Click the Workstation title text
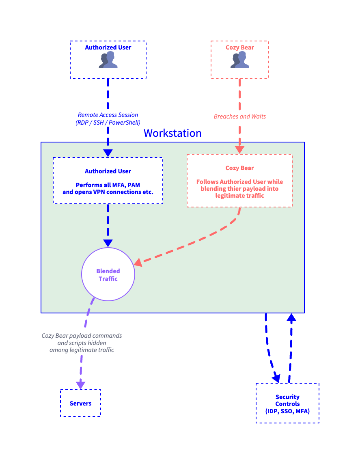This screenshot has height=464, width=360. tap(172, 133)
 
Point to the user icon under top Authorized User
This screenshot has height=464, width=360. tap(108, 60)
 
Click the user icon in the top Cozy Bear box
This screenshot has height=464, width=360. tap(240, 60)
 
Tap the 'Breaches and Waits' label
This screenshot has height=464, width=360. tap(240, 117)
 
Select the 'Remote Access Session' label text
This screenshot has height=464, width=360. tap(108, 115)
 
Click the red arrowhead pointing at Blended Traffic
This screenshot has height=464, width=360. tap(138, 262)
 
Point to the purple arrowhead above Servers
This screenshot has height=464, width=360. tap(80, 385)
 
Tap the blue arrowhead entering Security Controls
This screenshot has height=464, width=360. tap(276, 378)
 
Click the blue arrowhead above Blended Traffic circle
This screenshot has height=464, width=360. tap(108, 243)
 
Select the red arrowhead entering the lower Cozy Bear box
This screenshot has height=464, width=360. tap(239, 150)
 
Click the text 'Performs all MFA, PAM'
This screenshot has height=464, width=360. tap(108, 185)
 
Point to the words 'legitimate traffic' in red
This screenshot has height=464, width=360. tap(239, 196)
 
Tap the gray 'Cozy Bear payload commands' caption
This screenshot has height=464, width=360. tap(82, 336)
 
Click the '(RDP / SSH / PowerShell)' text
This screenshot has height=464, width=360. tap(108, 123)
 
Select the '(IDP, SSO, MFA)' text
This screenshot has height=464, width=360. tap(287, 411)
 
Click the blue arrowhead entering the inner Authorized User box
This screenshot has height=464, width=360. tap(108, 153)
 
